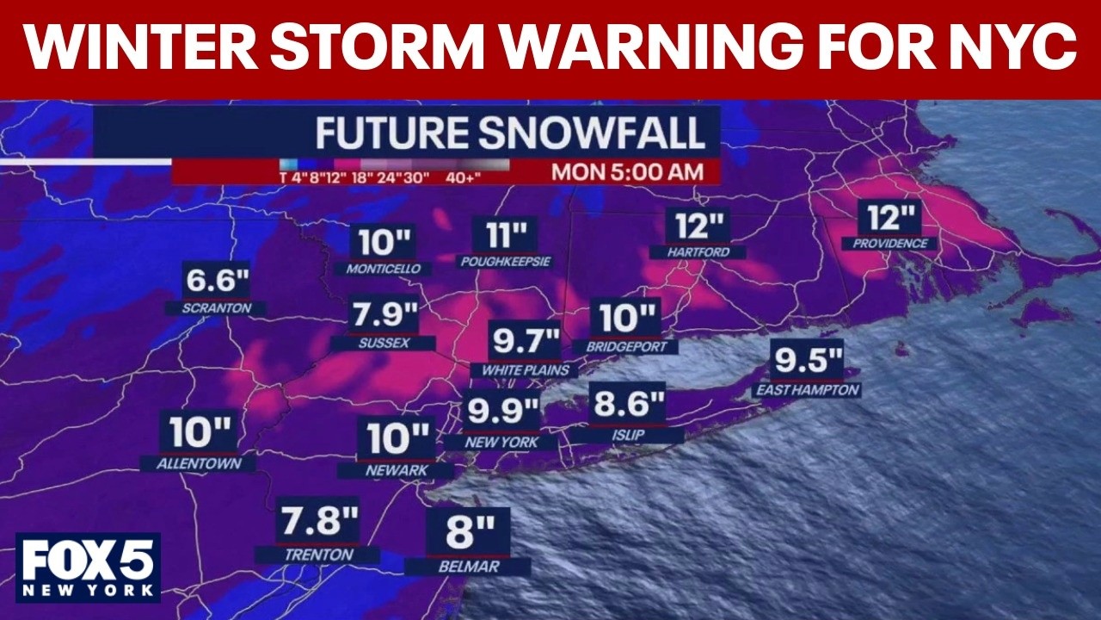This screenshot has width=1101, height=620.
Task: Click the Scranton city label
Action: pyautogui.click(x=217, y=307)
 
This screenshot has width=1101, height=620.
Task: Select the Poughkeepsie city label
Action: pyautogui.click(x=505, y=261)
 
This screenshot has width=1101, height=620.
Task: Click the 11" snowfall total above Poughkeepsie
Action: pyautogui.click(x=505, y=234)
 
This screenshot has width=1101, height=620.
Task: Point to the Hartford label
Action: pyautogui.click(x=698, y=252)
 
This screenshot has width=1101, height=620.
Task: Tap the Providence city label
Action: pyautogui.click(x=890, y=244)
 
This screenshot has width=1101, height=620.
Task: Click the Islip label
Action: pyautogui.click(x=628, y=436)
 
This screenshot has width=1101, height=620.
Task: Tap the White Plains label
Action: pyautogui.click(x=526, y=370)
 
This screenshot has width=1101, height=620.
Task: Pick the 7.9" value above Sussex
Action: pyautogui.click(x=384, y=316)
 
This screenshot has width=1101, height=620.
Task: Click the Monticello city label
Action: pyautogui.click(x=384, y=269)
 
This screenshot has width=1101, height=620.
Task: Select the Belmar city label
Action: pyautogui.click(x=467, y=567)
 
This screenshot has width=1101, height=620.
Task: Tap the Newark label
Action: pyautogui.click(x=397, y=471)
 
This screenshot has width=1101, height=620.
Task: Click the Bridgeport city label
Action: pyautogui.click(x=626, y=346)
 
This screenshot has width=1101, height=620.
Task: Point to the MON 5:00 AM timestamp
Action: pyautogui.click(x=627, y=171)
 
